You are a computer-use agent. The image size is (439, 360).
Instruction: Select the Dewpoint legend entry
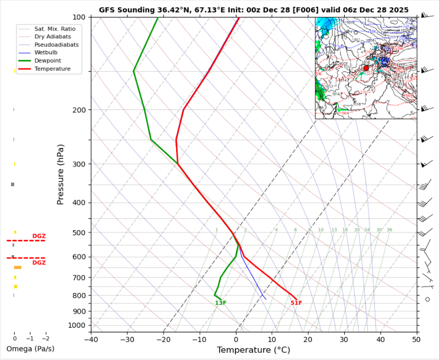click(47, 60)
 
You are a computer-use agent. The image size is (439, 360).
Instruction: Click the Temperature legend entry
click(52, 69)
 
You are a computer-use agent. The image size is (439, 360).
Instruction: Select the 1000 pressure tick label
click(77, 326)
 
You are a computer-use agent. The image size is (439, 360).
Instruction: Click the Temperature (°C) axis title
click(253, 350)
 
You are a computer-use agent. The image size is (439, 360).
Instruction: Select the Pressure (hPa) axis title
click(61, 174)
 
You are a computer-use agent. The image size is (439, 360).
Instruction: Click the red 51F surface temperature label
click(296, 303)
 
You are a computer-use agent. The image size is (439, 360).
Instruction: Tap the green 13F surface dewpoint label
click(221, 303)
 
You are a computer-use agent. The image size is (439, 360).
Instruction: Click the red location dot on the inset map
click(366, 68)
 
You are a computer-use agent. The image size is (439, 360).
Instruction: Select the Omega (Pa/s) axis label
click(30, 349)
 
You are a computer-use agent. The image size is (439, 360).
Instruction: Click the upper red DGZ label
click(39, 236)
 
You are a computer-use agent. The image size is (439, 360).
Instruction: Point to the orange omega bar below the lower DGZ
click(17, 267)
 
